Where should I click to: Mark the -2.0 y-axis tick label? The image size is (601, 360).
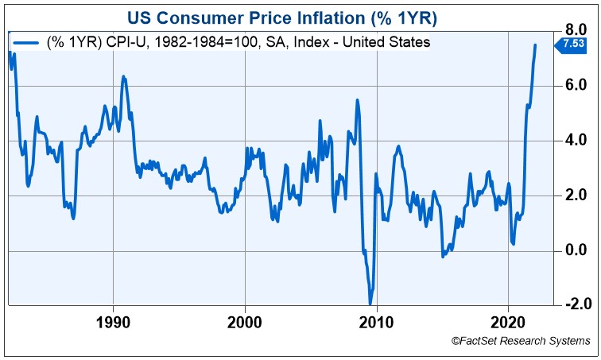point(573,305)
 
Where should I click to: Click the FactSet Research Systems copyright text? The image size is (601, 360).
point(521,341)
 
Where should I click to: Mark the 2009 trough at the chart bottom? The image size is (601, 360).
point(370,303)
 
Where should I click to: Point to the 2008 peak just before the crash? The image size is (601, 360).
point(358,100)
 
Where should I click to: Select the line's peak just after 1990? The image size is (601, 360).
point(123,77)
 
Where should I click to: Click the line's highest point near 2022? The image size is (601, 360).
point(535,45)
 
